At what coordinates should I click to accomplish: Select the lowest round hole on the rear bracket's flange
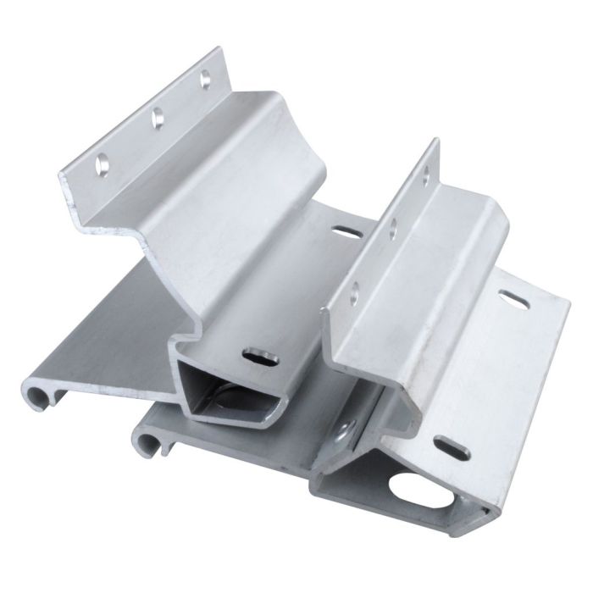pos(103,160)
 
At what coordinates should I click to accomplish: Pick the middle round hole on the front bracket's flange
pos(393,226)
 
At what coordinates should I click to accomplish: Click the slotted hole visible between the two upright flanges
pos(344,230)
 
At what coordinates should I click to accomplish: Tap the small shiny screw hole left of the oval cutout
pos(343,436)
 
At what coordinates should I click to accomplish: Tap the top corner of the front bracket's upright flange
pos(436,141)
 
